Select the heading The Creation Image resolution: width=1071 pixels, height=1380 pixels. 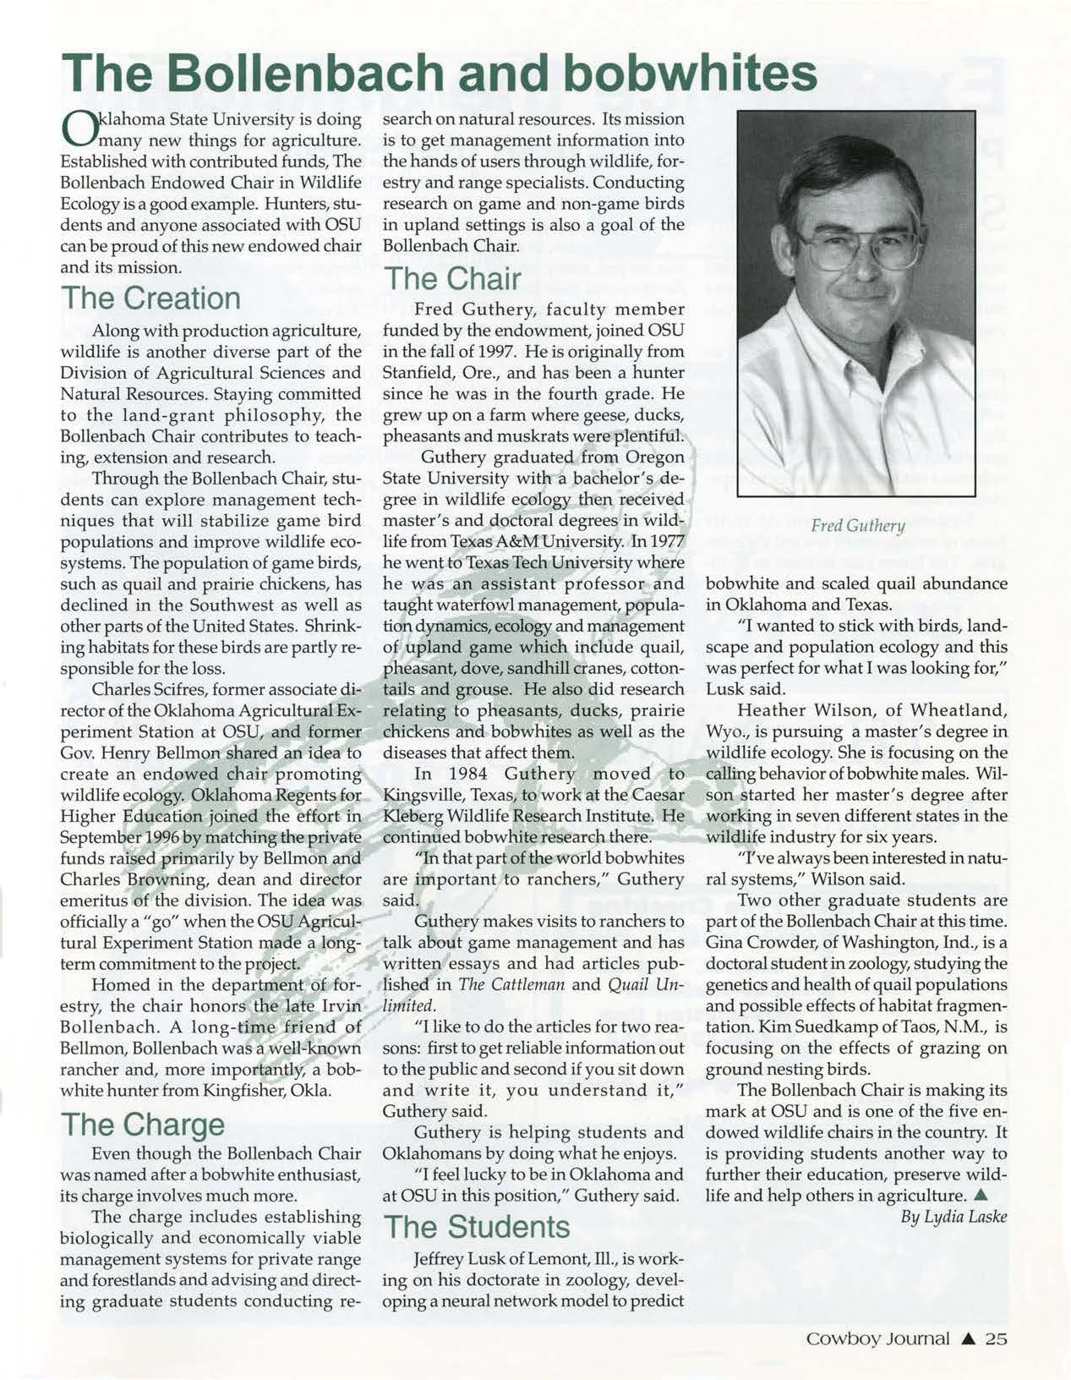click(x=150, y=298)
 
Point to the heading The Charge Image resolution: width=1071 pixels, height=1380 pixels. click(x=143, y=1125)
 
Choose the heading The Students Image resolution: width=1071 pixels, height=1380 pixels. click(x=477, y=1226)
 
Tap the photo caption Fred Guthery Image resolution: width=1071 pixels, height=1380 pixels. click(x=856, y=526)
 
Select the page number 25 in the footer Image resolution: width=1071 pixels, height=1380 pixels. click(x=995, y=1339)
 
